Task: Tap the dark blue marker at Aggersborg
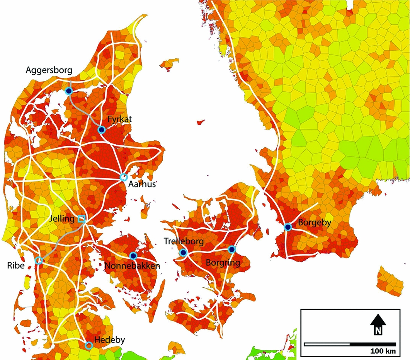pyautogui.click(x=69, y=91)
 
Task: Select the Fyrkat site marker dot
pyautogui.click(x=101, y=130)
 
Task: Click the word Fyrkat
pyautogui.click(x=120, y=119)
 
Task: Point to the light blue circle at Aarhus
pyautogui.click(x=124, y=177)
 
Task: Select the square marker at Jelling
pyautogui.click(x=82, y=218)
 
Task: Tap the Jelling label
pyautogui.click(x=62, y=219)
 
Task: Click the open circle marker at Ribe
pyautogui.click(x=39, y=260)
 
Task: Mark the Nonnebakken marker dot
pyautogui.click(x=133, y=256)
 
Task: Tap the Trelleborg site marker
pyautogui.click(x=183, y=253)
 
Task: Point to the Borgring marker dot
pyautogui.click(x=231, y=249)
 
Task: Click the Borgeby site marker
pyautogui.click(x=288, y=227)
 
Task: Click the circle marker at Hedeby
pyautogui.click(x=89, y=345)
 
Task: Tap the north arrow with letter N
pyautogui.click(x=378, y=324)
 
